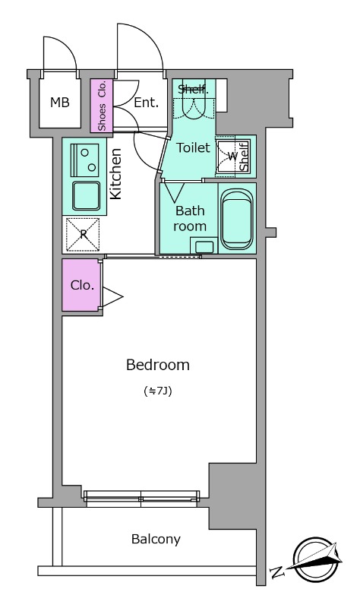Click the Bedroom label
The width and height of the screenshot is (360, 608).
[158, 365]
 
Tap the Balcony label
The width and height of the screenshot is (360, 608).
[156, 540]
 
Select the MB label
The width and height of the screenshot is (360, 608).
[60, 103]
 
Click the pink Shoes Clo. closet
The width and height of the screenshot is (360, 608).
[102, 106]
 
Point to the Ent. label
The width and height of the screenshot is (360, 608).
[146, 103]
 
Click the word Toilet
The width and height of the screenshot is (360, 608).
[194, 147]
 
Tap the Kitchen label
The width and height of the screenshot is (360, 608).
[116, 174]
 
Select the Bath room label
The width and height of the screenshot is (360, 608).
[190, 218]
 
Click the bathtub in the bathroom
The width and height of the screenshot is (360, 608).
[236, 219]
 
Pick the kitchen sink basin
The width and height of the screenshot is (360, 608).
[86, 196]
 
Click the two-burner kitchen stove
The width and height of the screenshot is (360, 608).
[85, 160]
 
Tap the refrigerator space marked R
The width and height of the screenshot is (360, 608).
[83, 234]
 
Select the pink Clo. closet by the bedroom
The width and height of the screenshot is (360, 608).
[81, 285]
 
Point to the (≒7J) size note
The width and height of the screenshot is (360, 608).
[158, 391]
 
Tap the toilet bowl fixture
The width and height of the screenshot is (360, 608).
[194, 107]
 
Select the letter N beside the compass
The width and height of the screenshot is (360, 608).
[277, 572]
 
